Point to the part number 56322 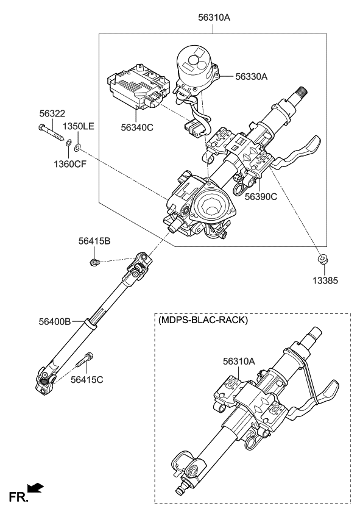click(x=52, y=113)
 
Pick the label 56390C click(x=261, y=197)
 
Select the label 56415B click(x=94, y=241)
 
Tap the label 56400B click(x=55, y=321)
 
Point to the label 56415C click(x=86, y=379)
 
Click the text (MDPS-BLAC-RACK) click(x=203, y=321)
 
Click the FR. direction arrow click(x=36, y=487)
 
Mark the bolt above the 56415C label click(x=85, y=362)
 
